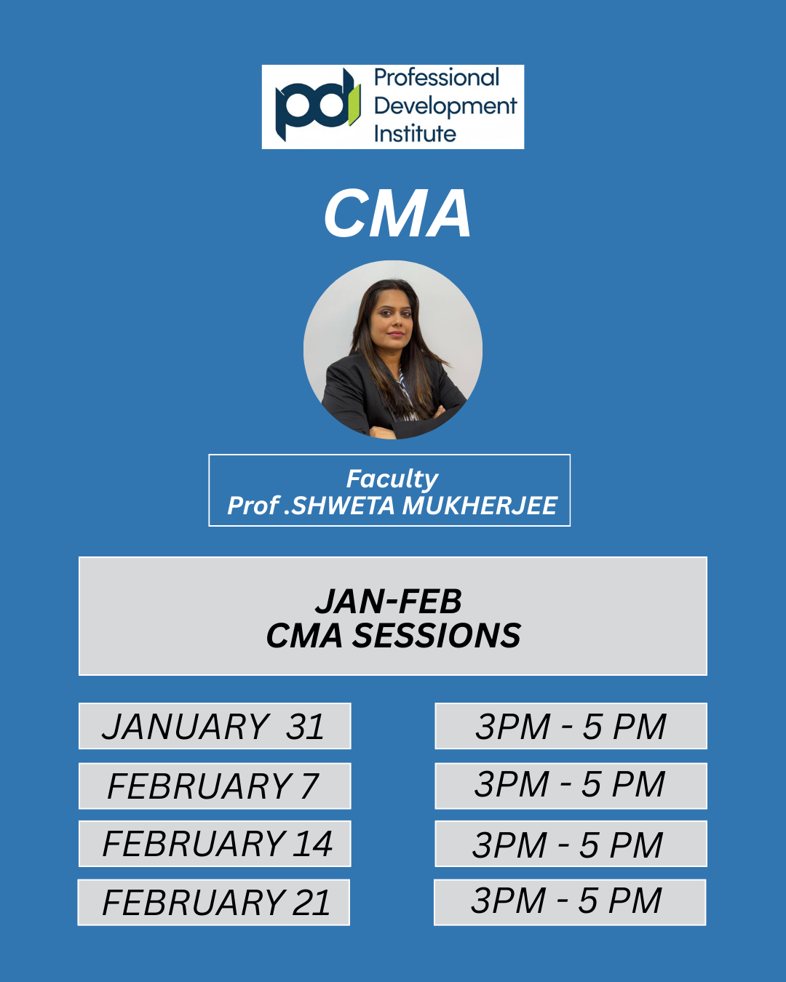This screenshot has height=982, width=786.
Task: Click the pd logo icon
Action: point(317,105)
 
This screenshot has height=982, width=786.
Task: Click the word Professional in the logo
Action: point(436,78)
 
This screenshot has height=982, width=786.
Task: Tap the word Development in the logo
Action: point(445,106)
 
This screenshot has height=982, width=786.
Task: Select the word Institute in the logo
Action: point(415,134)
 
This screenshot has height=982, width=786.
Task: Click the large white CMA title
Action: point(397,214)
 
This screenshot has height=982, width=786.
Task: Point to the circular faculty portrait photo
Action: point(393,350)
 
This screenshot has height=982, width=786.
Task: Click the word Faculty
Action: point(392,479)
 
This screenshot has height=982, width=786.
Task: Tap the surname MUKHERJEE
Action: point(480,506)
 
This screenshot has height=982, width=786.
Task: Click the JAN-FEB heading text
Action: point(389,602)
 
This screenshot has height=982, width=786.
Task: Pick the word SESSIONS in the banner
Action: point(436,636)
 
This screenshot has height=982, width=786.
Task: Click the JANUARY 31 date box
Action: point(215,726)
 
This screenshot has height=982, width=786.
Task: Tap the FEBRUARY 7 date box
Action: point(215,786)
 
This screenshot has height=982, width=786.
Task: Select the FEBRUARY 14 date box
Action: point(215,844)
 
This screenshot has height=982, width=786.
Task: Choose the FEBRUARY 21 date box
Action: point(214,903)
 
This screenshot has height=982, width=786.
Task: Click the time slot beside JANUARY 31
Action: point(571,726)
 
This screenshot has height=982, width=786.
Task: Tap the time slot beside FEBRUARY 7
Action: point(571,786)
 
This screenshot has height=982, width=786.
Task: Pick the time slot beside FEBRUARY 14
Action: point(571,844)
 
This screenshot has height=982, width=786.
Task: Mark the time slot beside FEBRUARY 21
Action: point(570,903)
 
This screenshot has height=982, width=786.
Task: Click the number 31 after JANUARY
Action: point(305,727)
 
